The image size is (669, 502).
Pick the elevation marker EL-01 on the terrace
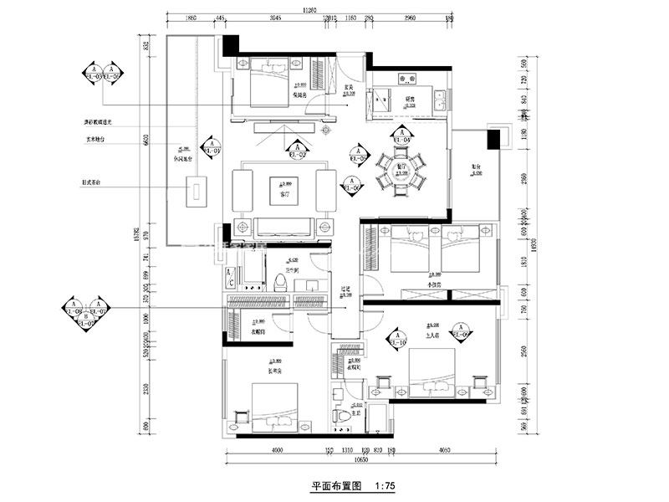[212, 148]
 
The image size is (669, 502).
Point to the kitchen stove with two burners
[409, 79]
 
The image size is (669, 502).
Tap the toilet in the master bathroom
[341, 416]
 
